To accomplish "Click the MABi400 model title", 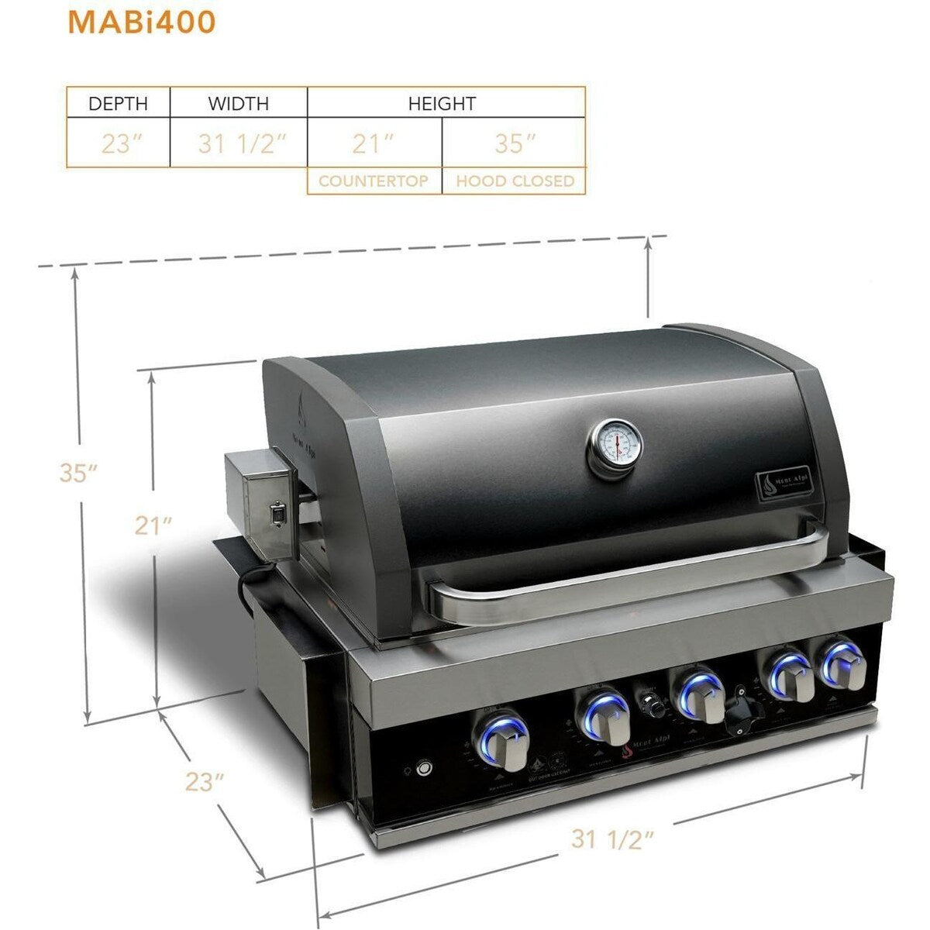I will pos(141,22).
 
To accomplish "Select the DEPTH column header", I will pos(118,103).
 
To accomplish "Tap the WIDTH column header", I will pos(238,103).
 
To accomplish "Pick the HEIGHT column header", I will pos(442,103).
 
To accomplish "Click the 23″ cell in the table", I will pos(118,144).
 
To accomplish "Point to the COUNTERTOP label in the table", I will pos(374,181).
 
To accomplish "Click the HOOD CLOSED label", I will pos(515,181).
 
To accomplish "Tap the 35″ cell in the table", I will pos(515,144).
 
